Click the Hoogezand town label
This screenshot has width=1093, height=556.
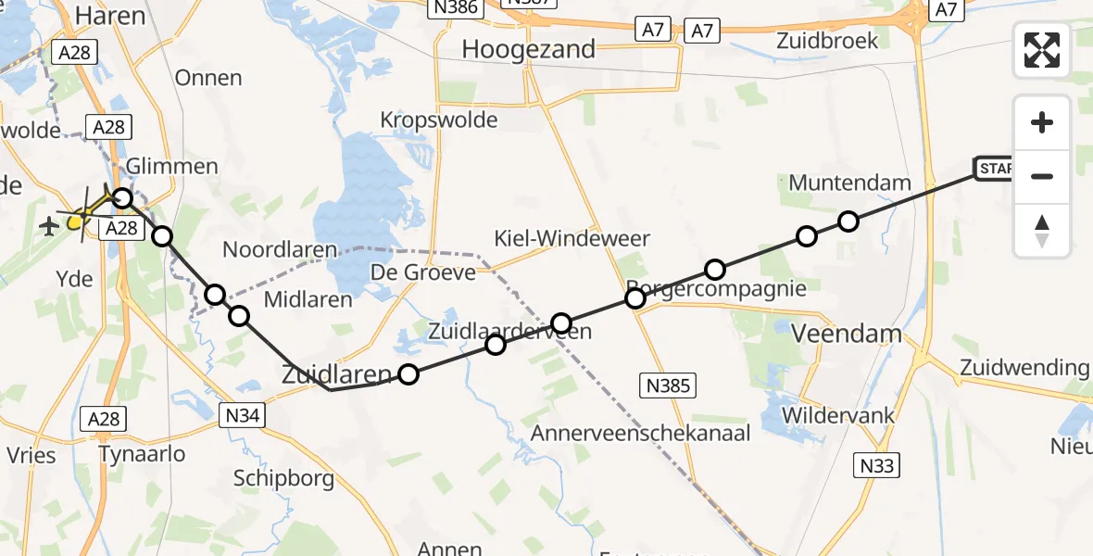click(528, 49)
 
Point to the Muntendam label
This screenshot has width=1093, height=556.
click(849, 183)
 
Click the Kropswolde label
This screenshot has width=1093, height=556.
click(439, 120)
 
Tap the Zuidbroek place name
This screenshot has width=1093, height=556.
click(827, 41)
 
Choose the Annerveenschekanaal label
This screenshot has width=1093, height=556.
click(640, 433)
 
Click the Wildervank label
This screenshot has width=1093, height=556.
click(838, 414)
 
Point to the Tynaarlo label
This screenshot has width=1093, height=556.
click(143, 454)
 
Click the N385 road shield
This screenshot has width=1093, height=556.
click(667, 385)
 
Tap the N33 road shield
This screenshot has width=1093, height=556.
click(875, 465)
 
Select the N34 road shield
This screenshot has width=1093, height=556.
click(240, 418)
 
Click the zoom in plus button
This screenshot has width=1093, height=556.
click(1042, 122)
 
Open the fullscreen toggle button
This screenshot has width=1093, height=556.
click(1042, 49)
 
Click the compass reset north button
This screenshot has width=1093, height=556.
click(1042, 230)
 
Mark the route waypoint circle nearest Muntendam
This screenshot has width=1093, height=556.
click(848, 221)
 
